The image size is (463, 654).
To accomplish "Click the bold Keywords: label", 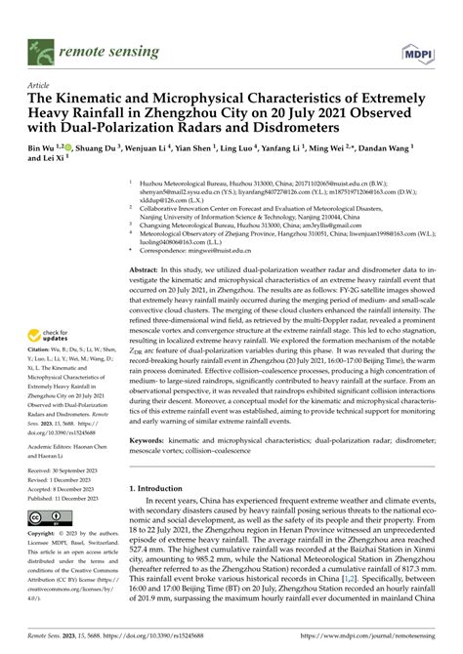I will (152, 441).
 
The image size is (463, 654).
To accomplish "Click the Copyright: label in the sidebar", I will (43, 535).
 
